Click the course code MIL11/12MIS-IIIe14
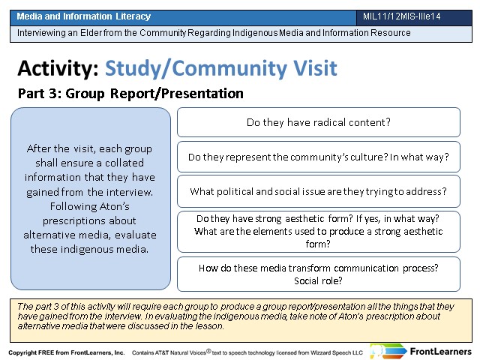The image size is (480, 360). coord(402,16)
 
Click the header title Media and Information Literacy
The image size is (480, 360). coord(83,16)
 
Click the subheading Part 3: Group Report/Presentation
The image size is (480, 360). coord(130,93)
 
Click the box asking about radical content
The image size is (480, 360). coord(318,122)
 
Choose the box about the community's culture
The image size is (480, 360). coord(318,157)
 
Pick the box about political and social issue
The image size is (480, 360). coord(318,191)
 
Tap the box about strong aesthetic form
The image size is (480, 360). coord(318,232)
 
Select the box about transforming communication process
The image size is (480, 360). coord(318,274)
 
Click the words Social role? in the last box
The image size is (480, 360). coord(318,280)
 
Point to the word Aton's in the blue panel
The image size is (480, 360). coord(115,206)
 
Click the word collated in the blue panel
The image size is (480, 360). coord(124,163)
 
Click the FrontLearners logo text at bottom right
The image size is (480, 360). coord(440,352)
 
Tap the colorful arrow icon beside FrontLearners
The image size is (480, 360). coord(388,351)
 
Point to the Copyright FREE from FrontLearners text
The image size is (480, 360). coord(67,352)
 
